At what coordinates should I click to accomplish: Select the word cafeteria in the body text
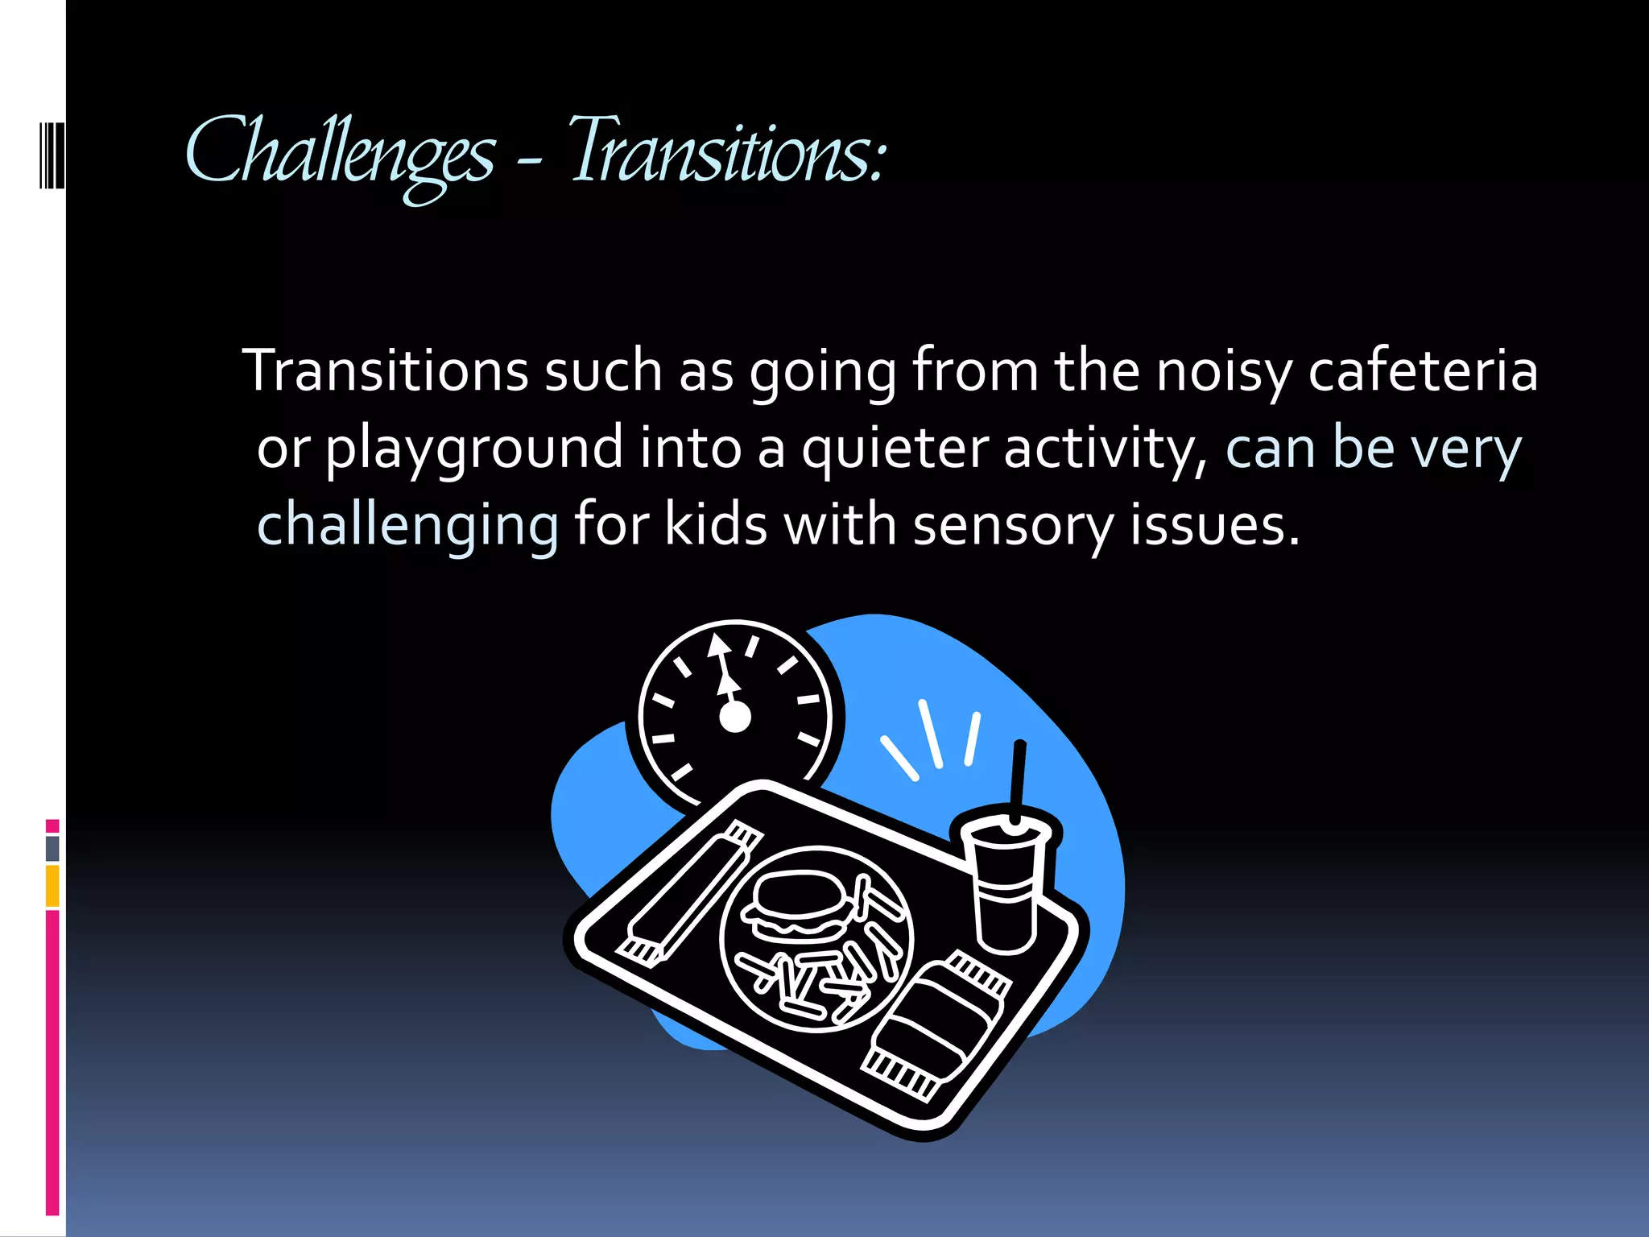pos(1423,371)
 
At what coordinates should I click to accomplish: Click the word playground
pos(473,449)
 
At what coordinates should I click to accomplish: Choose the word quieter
pos(894,449)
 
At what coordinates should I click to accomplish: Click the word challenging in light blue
pos(407,526)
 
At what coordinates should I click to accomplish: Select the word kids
pos(716,524)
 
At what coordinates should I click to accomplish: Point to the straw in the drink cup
pos(1019,777)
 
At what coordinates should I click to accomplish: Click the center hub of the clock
pos(734,717)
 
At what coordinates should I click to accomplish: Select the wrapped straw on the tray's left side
pos(691,894)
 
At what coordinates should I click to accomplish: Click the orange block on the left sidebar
pos(52,886)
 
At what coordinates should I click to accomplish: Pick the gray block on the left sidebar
pos(52,849)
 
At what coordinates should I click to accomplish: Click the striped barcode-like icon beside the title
pos(51,155)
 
